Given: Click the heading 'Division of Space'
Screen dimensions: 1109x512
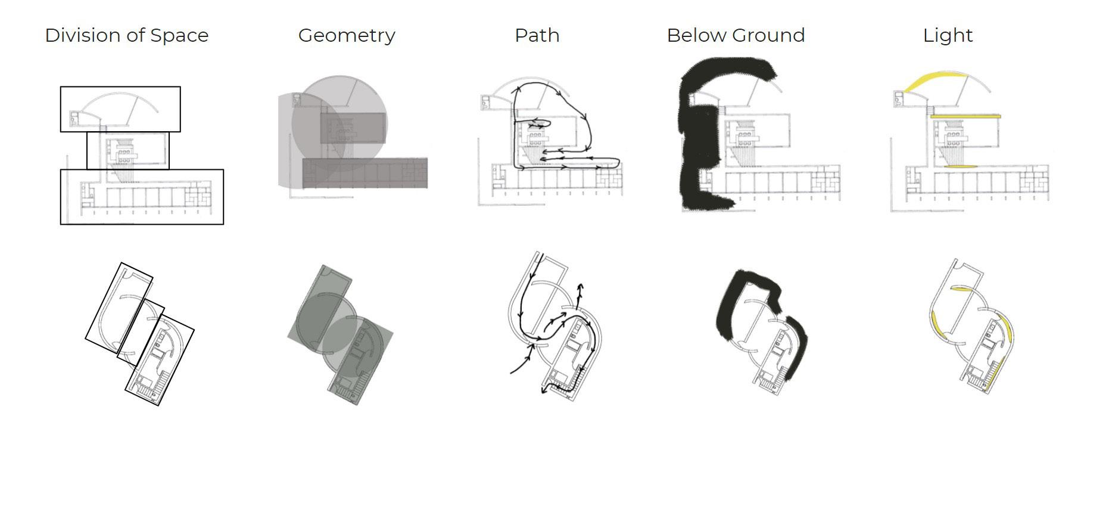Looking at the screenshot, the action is point(127,36).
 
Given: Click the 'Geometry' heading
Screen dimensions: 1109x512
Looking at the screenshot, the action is point(347,36).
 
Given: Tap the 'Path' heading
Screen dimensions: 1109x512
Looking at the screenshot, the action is point(537,36).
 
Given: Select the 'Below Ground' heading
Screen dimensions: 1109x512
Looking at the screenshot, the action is point(736,36).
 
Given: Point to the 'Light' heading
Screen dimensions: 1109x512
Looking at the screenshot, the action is point(948,36).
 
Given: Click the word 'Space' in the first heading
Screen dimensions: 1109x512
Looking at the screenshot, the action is point(179,36).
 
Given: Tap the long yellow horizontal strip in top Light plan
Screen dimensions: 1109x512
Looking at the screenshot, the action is point(965,116).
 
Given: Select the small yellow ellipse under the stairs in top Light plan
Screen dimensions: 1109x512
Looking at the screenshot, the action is point(960,166).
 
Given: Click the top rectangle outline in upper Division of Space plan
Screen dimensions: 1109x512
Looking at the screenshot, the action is point(120,88).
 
